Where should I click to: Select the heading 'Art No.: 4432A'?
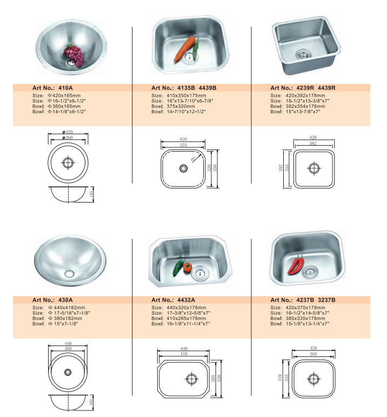pyautogui.click(x=174, y=299)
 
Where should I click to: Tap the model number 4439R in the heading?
pyautogui.click(x=327, y=87)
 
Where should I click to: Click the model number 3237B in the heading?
pyautogui.click(x=327, y=299)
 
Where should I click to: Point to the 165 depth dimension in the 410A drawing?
pyautogui.click(x=91, y=193)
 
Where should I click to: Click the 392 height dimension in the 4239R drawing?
pyautogui.click(x=282, y=168)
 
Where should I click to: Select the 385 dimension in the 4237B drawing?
pyautogui.click(x=312, y=354)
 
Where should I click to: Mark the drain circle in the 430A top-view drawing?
pyautogui.click(x=68, y=372)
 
